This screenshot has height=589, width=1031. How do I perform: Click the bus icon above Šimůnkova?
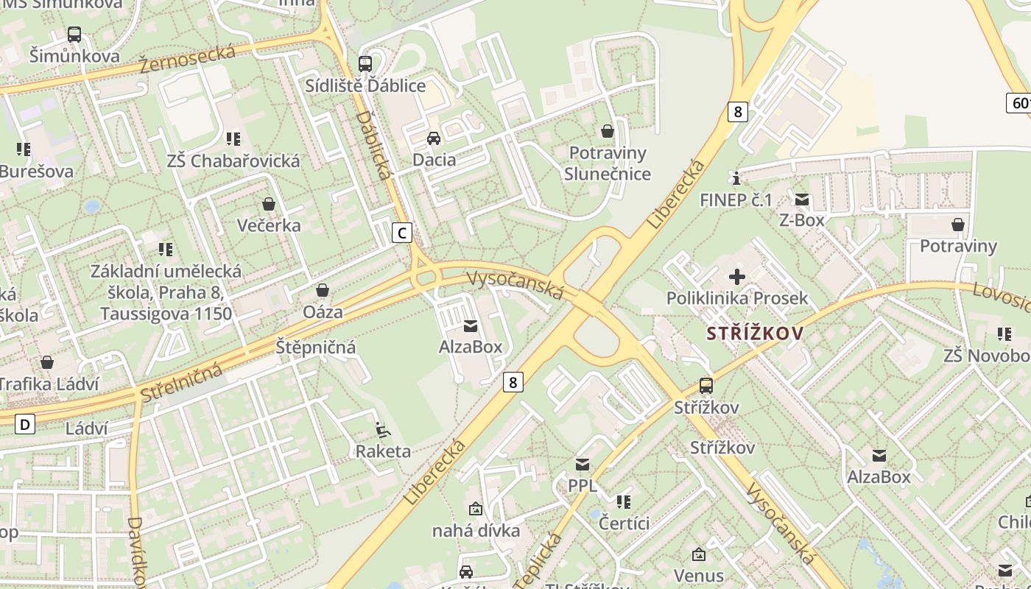pos(74,34)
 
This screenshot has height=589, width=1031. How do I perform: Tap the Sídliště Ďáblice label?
pos(365,86)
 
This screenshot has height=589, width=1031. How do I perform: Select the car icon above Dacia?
pos(434,138)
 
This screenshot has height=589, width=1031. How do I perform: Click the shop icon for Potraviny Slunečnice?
pos(608,131)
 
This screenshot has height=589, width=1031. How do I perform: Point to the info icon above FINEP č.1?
pos(736,178)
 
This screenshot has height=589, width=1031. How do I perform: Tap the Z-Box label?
pos(802,219)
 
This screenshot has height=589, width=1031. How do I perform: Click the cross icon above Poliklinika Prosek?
pos(737,277)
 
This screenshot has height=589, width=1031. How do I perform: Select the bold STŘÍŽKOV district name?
pos(755,334)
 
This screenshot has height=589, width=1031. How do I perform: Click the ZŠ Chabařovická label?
pos(233,161)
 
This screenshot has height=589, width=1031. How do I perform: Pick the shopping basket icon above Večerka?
pos(269,204)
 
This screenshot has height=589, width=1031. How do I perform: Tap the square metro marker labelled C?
pos(401,233)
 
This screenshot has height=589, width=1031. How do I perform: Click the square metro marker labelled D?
pos(26,424)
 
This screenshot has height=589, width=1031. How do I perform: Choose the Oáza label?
pos(323,312)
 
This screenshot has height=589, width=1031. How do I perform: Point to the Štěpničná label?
pos(316,347)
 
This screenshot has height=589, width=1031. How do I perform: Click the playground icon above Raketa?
pos(382,429)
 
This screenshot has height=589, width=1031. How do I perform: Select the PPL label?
pos(583,486)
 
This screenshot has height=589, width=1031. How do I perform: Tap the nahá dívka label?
pos(476,530)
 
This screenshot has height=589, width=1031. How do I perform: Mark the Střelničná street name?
pos(180,382)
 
